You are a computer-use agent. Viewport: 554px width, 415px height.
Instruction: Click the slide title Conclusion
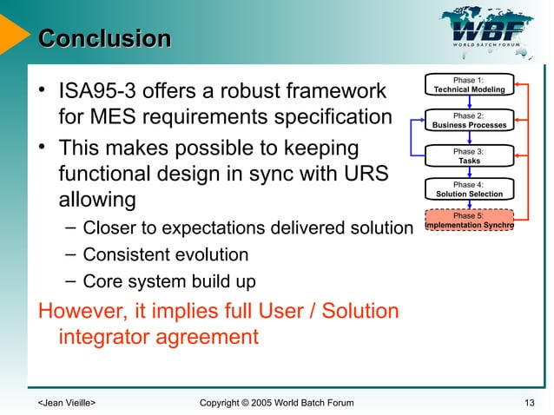(105, 39)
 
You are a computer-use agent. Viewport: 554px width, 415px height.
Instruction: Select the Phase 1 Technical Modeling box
(469, 84)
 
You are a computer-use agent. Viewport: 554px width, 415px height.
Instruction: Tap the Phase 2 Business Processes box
(469, 120)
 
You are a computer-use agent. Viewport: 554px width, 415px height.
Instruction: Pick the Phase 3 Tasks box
(469, 156)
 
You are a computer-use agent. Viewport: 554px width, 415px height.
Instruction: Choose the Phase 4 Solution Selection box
(469, 189)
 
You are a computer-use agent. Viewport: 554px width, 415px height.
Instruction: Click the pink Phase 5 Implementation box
(469, 221)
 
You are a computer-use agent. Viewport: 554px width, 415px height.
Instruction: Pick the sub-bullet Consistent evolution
(165, 255)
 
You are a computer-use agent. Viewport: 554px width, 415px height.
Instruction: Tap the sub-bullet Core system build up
(169, 282)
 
